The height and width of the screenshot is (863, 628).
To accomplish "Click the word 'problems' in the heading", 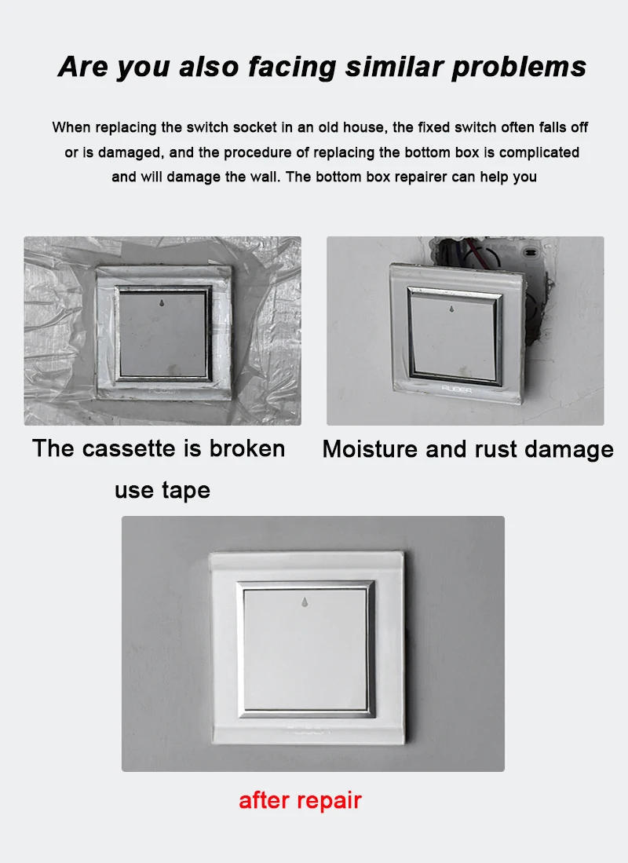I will click(x=519, y=68).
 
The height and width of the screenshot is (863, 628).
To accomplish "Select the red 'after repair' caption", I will click(x=300, y=800).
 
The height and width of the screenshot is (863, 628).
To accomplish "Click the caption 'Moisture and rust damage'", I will click(x=468, y=449).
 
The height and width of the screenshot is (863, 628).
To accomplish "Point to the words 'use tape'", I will click(x=162, y=490).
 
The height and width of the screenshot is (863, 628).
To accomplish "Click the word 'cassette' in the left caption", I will click(x=130, y=448).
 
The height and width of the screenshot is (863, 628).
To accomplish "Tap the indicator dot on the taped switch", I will click(x=161, y=302).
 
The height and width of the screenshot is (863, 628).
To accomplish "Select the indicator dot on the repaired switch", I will click(x=305, y=603).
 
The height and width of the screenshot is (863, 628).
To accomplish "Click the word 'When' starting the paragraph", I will click(x=71, y=127).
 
